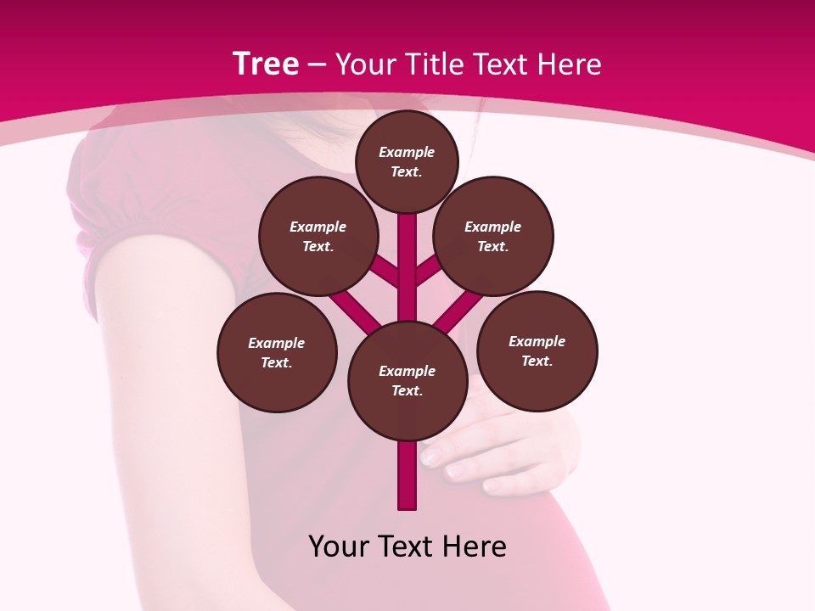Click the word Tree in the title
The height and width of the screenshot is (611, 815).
[x=266, y=64]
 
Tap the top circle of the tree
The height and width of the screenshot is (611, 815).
[x=407, y=161]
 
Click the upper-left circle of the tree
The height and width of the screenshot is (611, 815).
[x=318, y=236]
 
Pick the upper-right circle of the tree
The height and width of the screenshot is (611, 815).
[x=493, y=236]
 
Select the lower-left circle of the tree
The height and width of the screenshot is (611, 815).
[x=277, y=352]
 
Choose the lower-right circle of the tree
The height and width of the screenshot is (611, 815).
[x=537, y=350]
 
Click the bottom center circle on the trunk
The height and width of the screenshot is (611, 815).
[x=407, y=380]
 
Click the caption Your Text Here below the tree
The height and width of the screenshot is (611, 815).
[x=407, y=547]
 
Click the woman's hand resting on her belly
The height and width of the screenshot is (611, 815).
[x=501, y=454]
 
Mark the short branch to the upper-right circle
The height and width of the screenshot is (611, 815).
[x=430, y=270]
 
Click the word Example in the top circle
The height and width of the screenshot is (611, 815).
[x=407, y=152]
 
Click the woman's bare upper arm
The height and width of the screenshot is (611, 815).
[x=161, y=339]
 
